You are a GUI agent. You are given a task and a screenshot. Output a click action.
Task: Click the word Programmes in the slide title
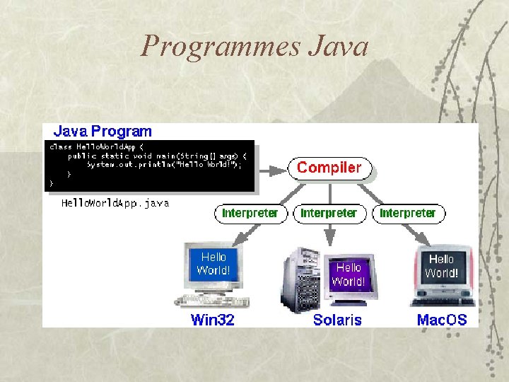(221, 47)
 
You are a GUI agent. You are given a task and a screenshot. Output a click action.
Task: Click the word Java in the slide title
(339, 47)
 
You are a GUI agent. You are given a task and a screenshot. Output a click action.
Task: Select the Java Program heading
(103, 132)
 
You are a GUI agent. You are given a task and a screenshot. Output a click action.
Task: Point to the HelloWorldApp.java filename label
(115, 203)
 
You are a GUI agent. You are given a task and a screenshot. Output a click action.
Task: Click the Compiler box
(329, 168)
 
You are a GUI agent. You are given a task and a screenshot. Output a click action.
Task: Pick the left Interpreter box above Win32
(250, 213)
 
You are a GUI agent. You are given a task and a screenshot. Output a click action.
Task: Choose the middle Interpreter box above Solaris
(329, 213)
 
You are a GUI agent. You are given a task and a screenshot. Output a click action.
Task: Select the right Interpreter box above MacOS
(408, 213)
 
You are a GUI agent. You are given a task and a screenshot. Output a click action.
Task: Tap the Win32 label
(212, 320)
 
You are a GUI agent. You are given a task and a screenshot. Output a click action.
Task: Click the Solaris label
(337, 320)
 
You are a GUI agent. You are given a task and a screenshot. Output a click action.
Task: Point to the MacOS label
(442, 320)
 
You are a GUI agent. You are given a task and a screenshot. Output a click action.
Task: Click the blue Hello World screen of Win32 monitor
(213, 263)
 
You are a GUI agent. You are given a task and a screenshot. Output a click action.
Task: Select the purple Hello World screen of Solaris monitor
(348, 274)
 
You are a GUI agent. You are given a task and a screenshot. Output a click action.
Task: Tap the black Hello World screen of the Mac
(442, 266)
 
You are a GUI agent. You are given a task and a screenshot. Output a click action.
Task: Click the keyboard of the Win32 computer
(211, 301)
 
